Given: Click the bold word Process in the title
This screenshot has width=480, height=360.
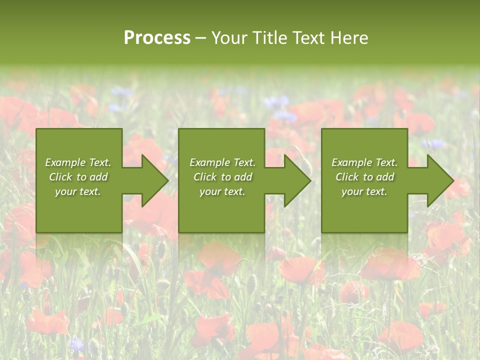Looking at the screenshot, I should pos(157,38).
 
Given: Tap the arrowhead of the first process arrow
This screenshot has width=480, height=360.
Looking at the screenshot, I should pos(154,180).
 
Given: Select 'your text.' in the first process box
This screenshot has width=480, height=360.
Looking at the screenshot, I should pos(78,191).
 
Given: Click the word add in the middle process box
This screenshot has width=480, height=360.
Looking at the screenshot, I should pos(243,177).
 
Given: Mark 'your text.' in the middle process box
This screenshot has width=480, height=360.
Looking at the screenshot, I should pos(222,191).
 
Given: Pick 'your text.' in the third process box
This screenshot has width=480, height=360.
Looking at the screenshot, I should pos(364,191).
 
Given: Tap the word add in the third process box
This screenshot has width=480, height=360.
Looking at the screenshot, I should pos(385,177).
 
